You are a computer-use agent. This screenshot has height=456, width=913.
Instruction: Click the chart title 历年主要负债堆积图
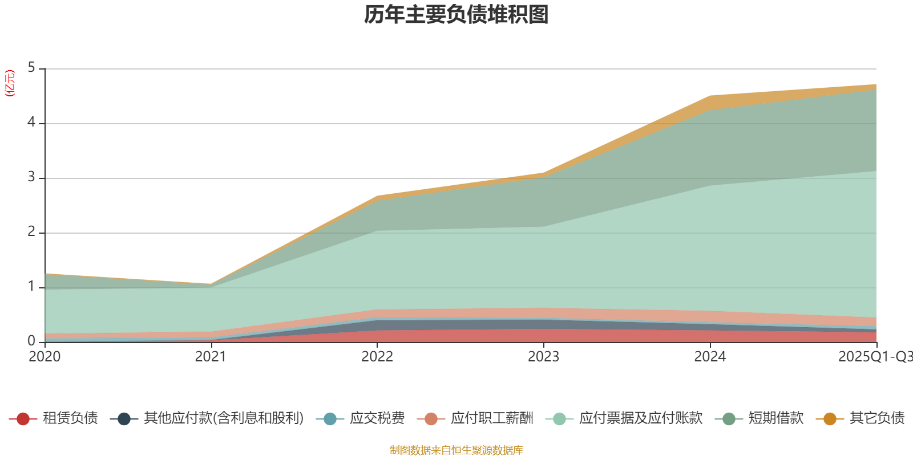457,15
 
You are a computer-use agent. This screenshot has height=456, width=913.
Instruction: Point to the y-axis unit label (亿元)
10,83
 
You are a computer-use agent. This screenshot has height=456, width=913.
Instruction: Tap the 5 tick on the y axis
31,68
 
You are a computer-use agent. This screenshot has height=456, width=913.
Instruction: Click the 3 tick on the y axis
31,177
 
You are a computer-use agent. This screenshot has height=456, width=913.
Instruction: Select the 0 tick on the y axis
31,341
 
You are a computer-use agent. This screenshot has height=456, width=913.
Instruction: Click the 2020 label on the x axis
45,357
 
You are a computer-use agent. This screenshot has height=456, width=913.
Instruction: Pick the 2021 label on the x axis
211,357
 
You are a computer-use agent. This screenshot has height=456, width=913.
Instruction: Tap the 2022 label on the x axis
377,357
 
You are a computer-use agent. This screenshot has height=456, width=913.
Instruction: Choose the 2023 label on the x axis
543,357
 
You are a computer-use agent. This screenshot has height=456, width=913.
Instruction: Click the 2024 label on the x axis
710,357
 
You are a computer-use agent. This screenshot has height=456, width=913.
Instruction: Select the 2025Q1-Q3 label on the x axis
874,357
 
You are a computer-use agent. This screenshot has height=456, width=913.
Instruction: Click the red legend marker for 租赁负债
23,419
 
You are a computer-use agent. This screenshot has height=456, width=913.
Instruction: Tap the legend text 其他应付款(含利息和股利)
224,418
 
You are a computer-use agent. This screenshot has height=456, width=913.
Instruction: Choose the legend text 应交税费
377,418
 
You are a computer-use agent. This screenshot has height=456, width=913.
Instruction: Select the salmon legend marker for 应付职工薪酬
431,419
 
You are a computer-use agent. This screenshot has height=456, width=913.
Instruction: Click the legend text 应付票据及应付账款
640,418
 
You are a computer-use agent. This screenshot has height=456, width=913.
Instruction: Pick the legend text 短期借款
776,418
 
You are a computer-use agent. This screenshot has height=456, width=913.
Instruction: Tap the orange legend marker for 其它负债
830,419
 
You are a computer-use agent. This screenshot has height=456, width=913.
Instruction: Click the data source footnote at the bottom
457,450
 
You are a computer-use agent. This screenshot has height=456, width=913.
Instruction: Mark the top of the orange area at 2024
710,96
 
